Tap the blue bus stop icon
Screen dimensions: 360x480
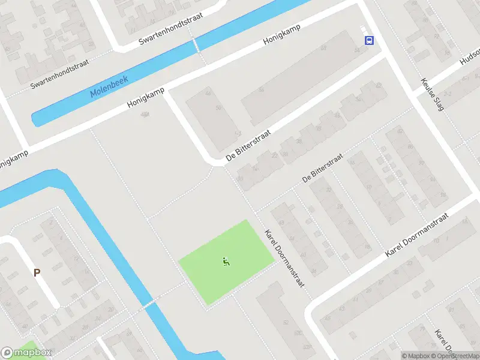pyautogui.click(x=369, y=40)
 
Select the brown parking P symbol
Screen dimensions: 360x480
pyautogui.click(x=37, y=272)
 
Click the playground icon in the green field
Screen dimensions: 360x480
pyautogui.click(x=226, y=261)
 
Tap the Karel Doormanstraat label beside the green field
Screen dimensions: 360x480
pyautogui.click(x=284, y=257)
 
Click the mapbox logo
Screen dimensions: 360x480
pyautogui.click(x=26, y=353)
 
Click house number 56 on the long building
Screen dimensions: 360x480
pyautogui.click(x=261, y=90)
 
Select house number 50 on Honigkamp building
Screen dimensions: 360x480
pyautogui.click(x=218, y=107)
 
